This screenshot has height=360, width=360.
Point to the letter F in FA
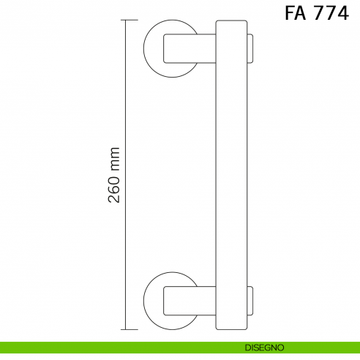tap(289, 14)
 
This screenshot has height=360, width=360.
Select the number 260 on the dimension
tap(113, 191)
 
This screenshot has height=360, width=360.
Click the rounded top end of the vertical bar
tap(233, 25)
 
